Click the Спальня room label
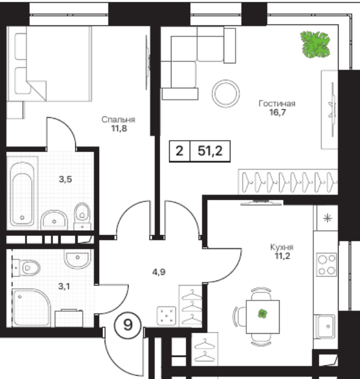pyautogui.click(x=118, y=120)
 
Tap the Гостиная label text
pyautogui.click(x=277, y=104)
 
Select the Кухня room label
pyautogui.click(x=282, y=247)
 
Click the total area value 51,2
pyautogui.click(x=210, y=151)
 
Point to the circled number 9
pyautogui.click(x=128, y=325)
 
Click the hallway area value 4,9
pyautogui.click(x=158, y=272)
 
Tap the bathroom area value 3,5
pyautogui.click(x=65, y=179)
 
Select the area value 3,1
pyautogui.click(x=64, y=286)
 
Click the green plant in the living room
pyautogui.click(x=315, y=45)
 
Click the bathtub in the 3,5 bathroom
pyautogui.click(x=22, y=194)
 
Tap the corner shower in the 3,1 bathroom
pyautogui.click(x=31, y=308)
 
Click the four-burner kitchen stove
pyautogui.click(x=327, y=265)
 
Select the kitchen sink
pyautogui.click(x=325, y=326)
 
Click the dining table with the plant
pyautogui.click(x=263, y=317)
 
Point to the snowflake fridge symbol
pyautogui.click(x=328, y=218)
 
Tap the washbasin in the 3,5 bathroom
pyautogui.click(x=54, y=219)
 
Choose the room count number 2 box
pyautogui.click(x=179, y=151)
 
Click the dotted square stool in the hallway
pyautogui.click(x=166, y=316)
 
